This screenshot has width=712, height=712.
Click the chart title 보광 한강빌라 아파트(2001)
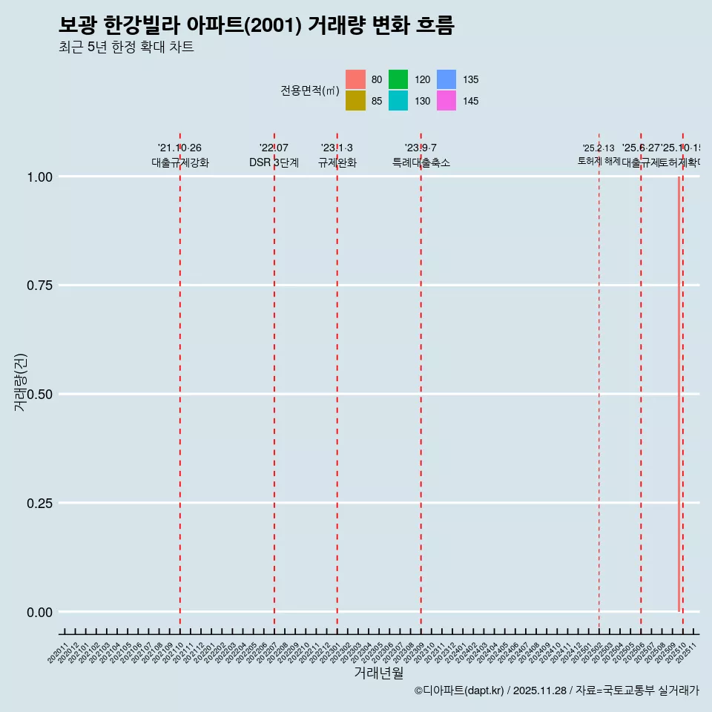[x=256, y=26]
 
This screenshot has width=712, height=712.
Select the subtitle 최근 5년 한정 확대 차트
[x=126, y=47]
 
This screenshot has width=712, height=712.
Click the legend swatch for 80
[x=355, y=79]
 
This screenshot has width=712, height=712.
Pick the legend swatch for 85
[x=355, y=101]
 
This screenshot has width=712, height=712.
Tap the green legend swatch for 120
[x=398, y=79]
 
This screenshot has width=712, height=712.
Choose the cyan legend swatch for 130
[x=398, y=101]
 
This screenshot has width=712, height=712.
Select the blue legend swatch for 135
[x=446, y=79]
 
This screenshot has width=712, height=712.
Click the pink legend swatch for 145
[x=446, y=101]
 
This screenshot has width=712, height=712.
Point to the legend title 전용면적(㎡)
[x=309, y=90]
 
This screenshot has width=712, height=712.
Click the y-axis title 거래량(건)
[x=22, y=383]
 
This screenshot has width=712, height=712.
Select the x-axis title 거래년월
[x=378, y=673]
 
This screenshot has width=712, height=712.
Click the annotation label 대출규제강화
[x=180, y=162]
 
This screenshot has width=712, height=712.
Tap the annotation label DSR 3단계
[x=274, y=162]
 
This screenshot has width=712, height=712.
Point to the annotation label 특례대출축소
[x=421, y=162]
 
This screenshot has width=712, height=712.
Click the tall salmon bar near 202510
[x=679, y=393]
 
